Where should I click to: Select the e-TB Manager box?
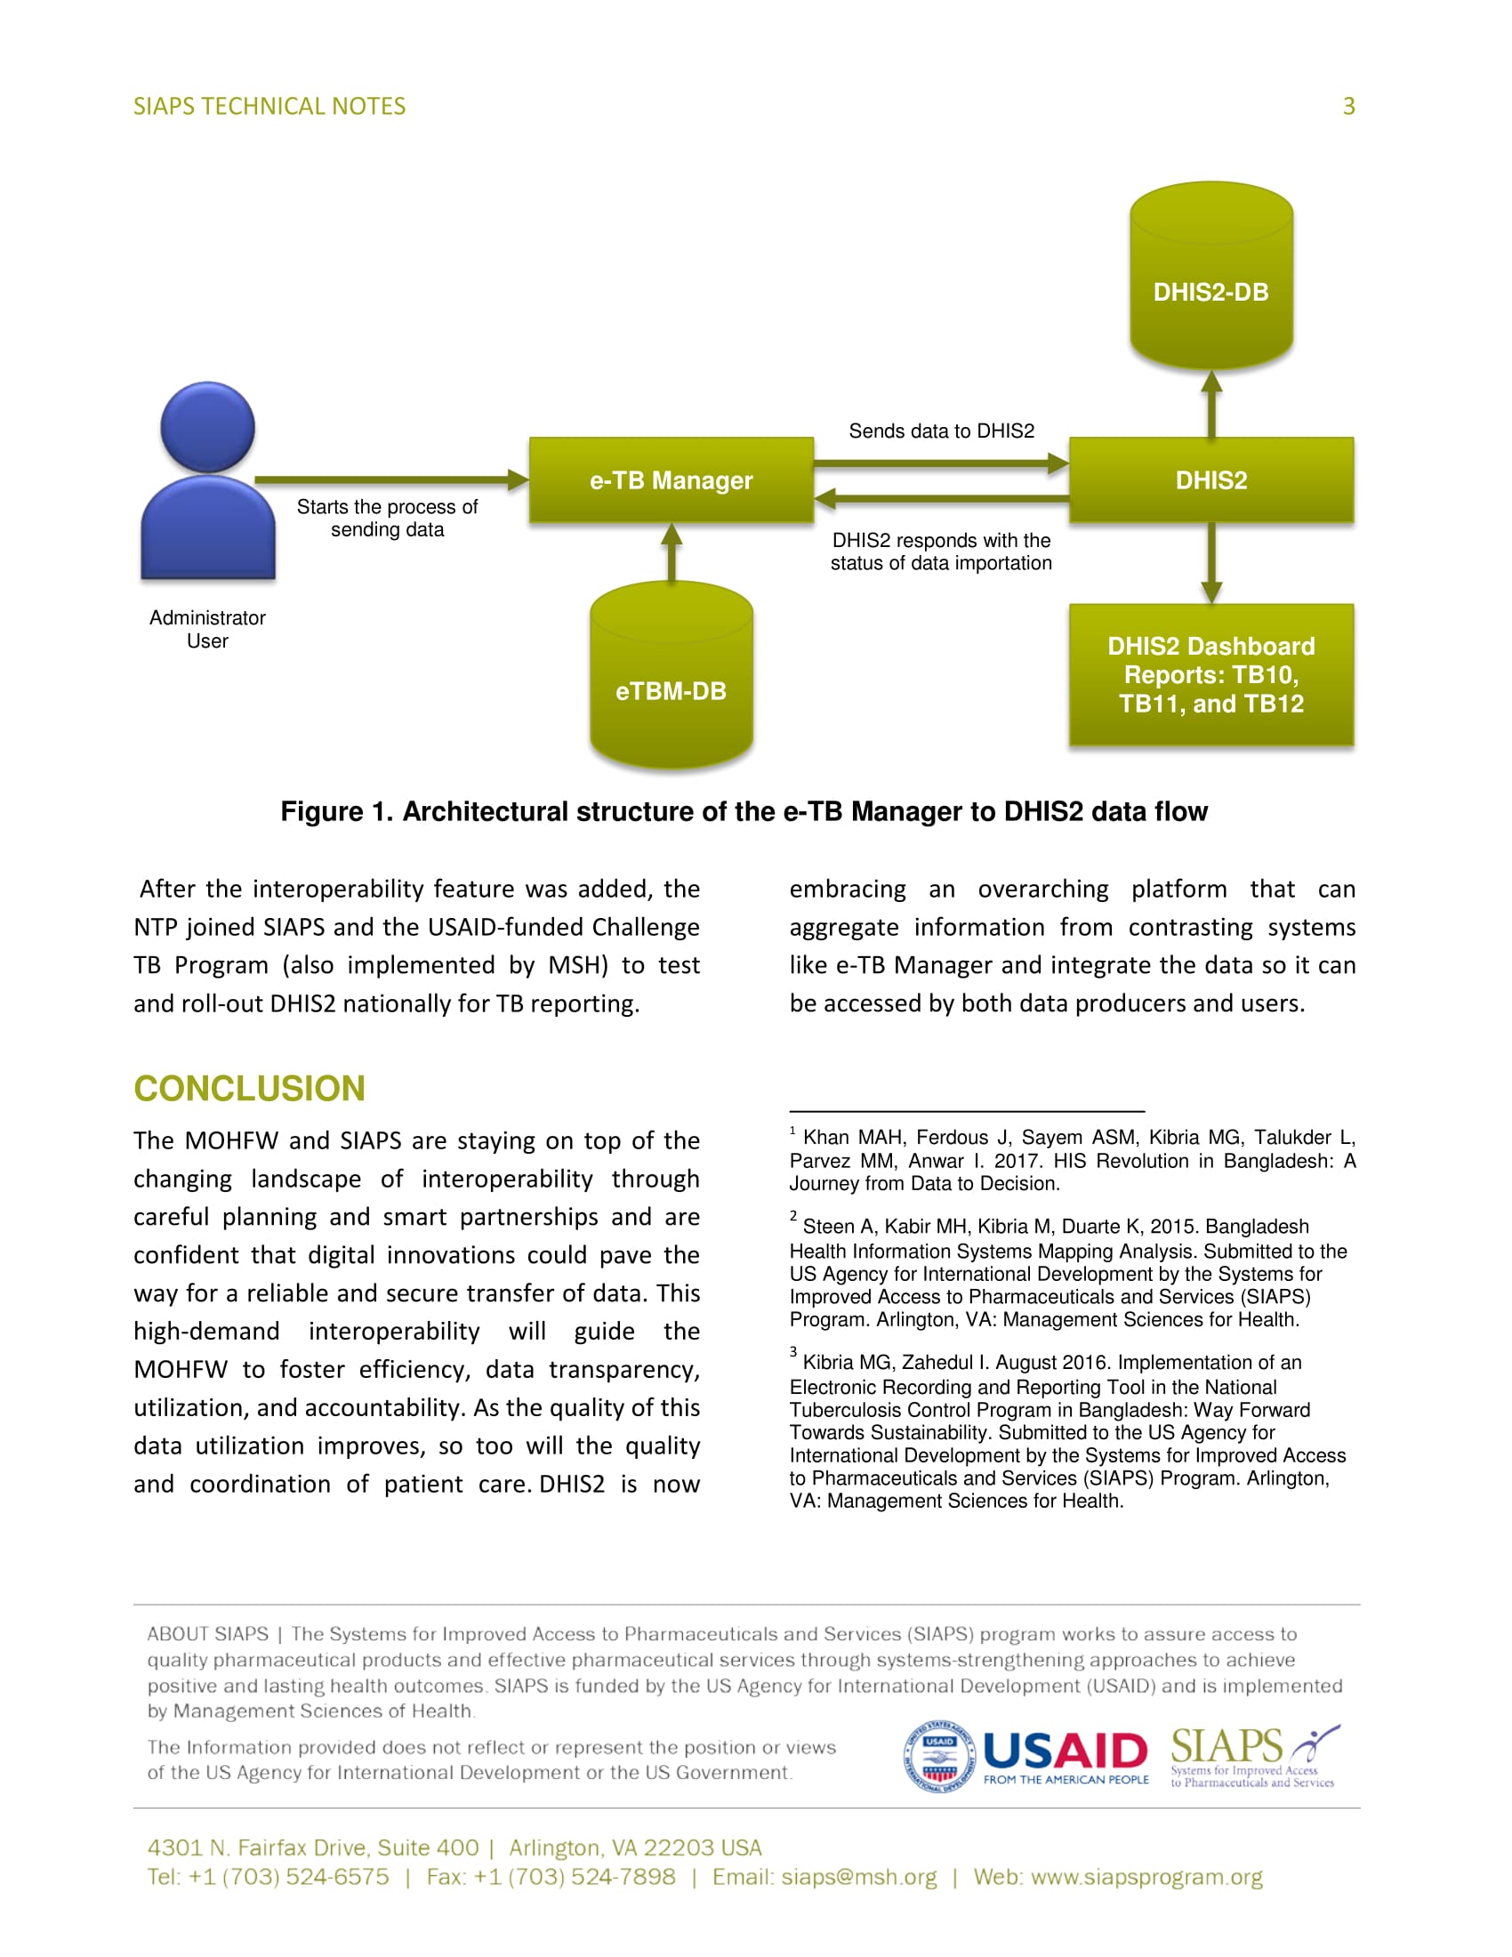tap(671, 480)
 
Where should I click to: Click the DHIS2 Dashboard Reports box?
tap(1210, 675)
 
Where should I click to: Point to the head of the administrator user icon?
tap(208, 426)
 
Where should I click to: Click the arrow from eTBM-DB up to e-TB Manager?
tap(672, 552)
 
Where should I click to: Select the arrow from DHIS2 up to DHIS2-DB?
tap(1211, 404)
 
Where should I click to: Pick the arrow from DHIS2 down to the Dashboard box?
tap(1211, 563)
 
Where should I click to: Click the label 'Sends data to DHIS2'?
tap(940, 431)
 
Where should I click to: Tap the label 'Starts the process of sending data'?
tap(387, 518)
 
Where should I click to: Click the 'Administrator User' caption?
tap(207, 629)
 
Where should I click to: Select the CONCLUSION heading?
tap(249, 1089)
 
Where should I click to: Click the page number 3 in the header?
tap(1348, 107)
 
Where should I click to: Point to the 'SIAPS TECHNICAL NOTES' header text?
tap(269, 107)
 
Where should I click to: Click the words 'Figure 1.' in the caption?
tap(337, 812)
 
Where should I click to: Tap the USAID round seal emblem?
tap(938, 1758)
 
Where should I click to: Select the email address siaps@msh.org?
tap(858, 1877)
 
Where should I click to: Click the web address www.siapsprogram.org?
tap(1146, 1877)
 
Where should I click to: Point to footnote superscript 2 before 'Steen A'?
tap(792, 1216)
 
